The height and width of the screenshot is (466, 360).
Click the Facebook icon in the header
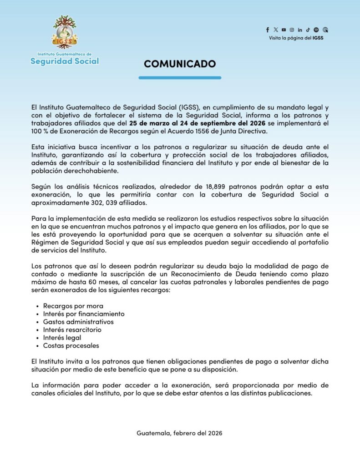[x=268, y=30]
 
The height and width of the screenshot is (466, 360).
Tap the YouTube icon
[x=284, y=30]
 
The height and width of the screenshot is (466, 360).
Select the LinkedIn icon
[x=300, y=30]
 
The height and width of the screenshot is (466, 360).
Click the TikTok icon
[x=308, y=30]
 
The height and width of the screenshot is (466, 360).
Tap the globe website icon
[x=325, y=30]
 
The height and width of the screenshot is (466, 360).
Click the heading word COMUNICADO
[x=180, y=64]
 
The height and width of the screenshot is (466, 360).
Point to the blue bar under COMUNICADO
[x=180, y=78]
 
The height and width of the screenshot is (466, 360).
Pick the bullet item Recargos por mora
[x=73, y=306]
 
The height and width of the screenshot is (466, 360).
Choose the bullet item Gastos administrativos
[x=78, y=322]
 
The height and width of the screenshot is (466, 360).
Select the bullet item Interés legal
[x=62, y=338]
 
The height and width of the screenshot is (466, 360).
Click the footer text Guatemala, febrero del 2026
[x=180, y=433]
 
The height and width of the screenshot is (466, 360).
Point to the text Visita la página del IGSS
[x=296, y=38]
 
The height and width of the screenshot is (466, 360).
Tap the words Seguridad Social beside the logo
[x=65, y=61]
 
